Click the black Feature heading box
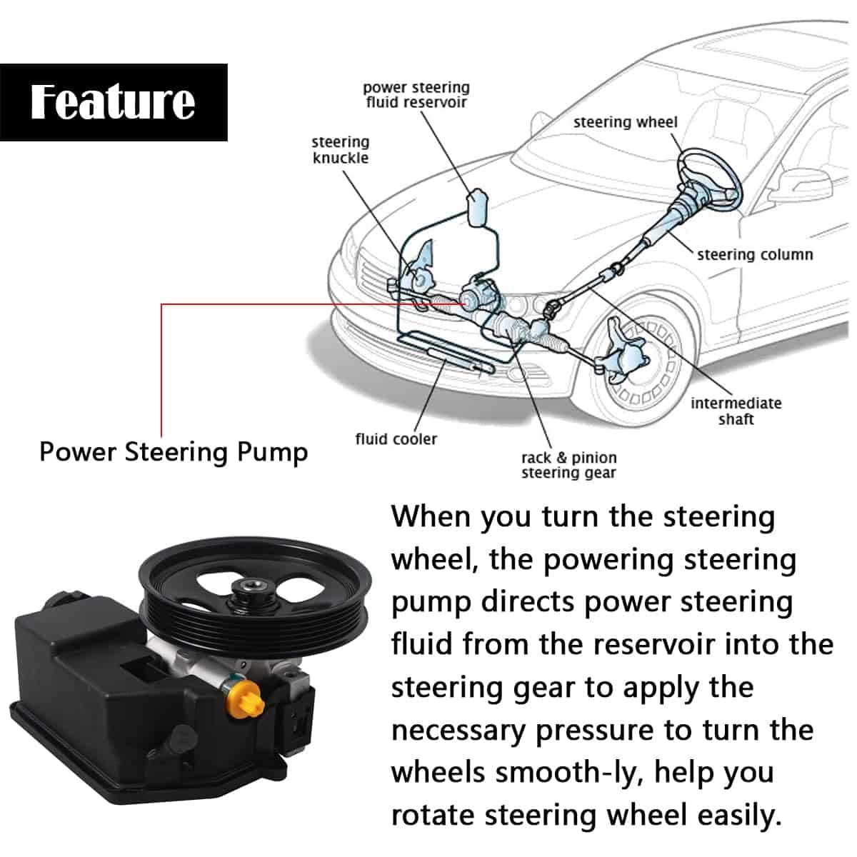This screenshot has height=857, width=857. click(113, 101)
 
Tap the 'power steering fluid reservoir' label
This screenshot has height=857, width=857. click(416, 95)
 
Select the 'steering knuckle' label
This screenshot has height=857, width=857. click(341, 150)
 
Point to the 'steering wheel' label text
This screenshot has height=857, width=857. click(625, 122)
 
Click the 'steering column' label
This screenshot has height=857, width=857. click(754, 254)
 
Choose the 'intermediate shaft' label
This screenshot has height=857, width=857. click(736, 411)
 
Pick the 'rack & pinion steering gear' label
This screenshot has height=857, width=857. click(568, 465)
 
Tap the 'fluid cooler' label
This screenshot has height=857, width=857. click(396, 439)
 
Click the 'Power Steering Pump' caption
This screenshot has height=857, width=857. click(174, 452)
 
